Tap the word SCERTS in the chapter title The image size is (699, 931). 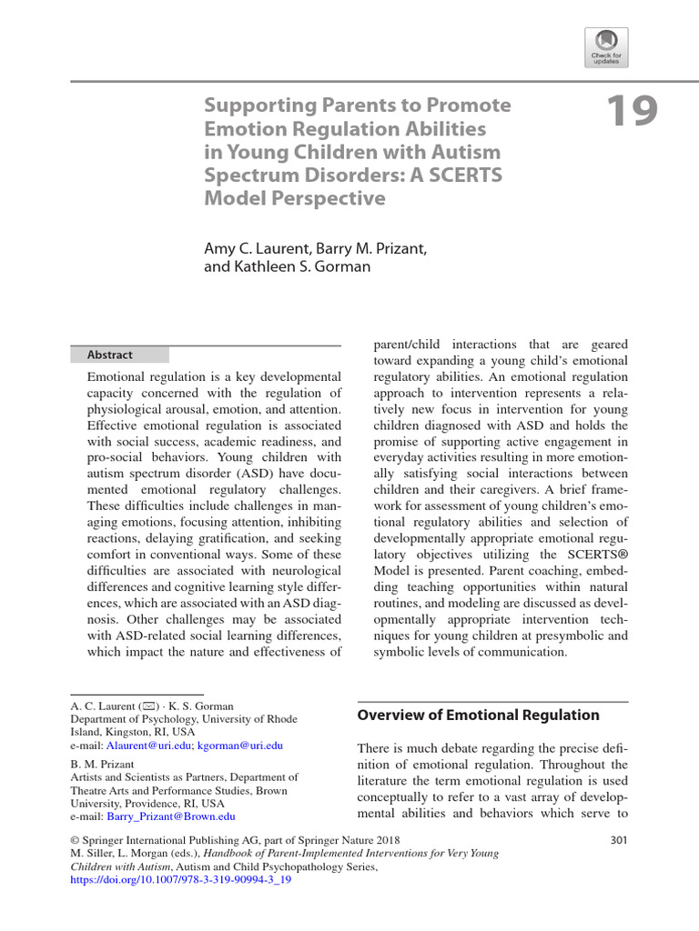(463, 174)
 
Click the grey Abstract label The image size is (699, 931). (110, 355)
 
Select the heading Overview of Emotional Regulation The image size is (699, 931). (478, 715)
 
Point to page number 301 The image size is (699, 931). (618, 839)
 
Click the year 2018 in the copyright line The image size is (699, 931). (384, 839)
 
